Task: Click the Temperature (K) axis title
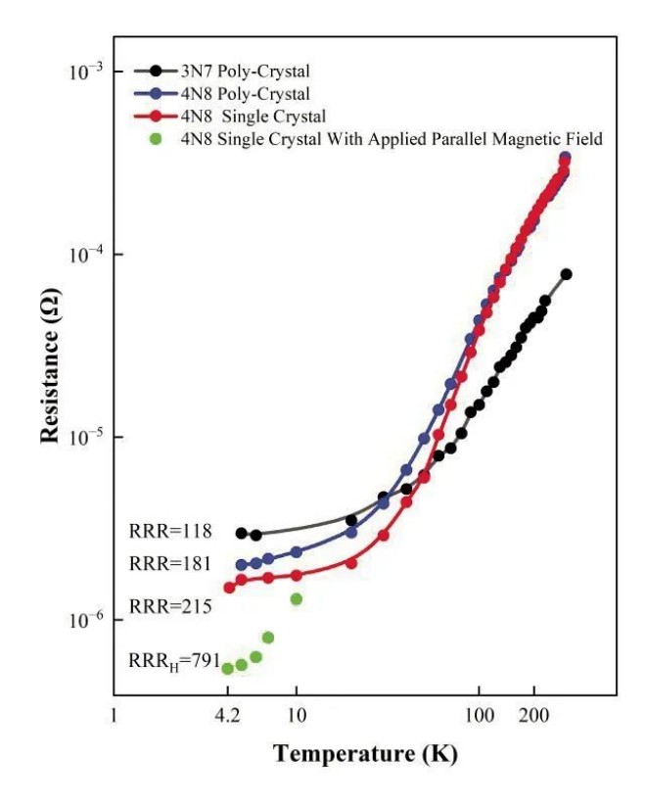pos(365,754)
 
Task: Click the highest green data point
pos(296,598)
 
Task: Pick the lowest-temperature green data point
pos(227,669)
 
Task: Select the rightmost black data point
pos(566,274)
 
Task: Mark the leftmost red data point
pos(229,588)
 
